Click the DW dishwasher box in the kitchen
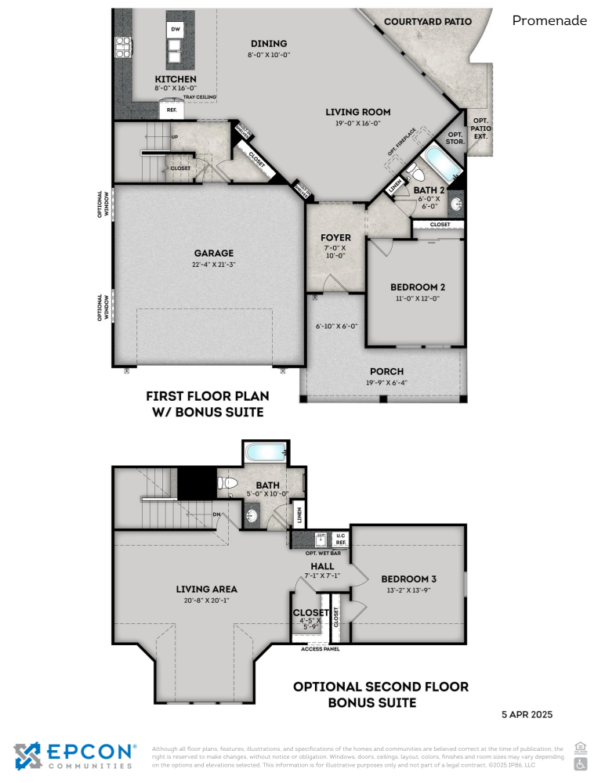coord(176,31)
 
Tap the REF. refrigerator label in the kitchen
coord(172,110)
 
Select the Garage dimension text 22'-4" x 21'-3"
coord(214,264)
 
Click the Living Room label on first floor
coord(357,112)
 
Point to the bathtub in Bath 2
coord(435,167)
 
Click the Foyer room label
coord(335,237)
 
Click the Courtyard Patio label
coord(428,22)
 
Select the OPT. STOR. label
coord(455,138)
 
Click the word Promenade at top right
coord(549,21)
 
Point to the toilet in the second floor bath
coord(226,484)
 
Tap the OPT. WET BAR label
coord(322,553)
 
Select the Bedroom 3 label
coord(408,579)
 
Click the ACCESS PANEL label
coord(321,648)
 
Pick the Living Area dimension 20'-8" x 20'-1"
coord(208,601)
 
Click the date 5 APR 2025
coord(527,714)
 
